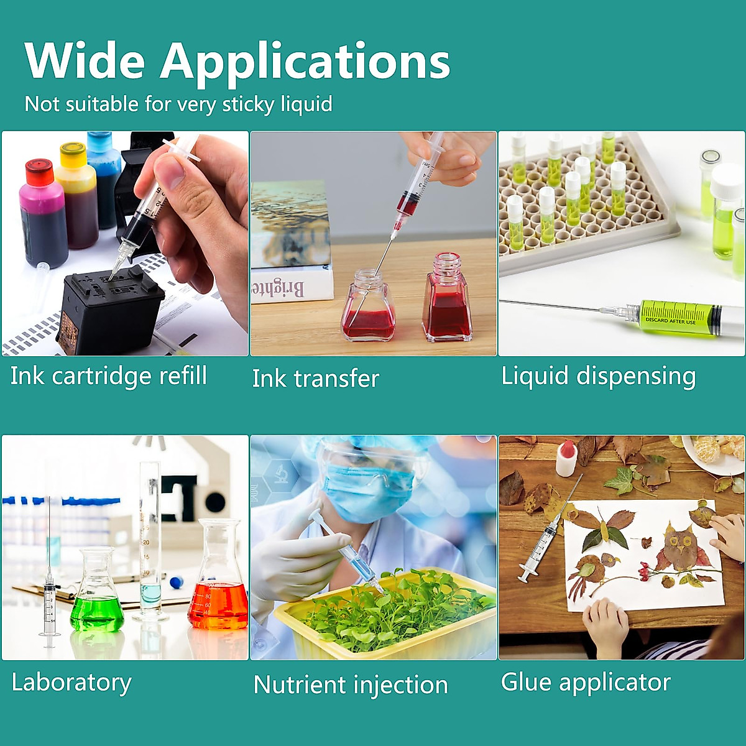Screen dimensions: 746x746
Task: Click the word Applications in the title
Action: pos(305,63)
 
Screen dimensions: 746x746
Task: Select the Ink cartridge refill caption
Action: pos(108,376)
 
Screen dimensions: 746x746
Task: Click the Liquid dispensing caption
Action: pos(598,376)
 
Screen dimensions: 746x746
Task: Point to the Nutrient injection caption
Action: pos(351,685)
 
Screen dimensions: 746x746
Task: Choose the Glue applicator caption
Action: pos(586,682)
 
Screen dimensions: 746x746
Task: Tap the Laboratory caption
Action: pos(71,683)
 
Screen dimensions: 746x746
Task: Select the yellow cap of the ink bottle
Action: pos(73,152)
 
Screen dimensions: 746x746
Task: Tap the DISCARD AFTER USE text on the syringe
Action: pos(671,321)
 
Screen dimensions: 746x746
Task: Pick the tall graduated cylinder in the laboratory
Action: pos(150,542)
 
